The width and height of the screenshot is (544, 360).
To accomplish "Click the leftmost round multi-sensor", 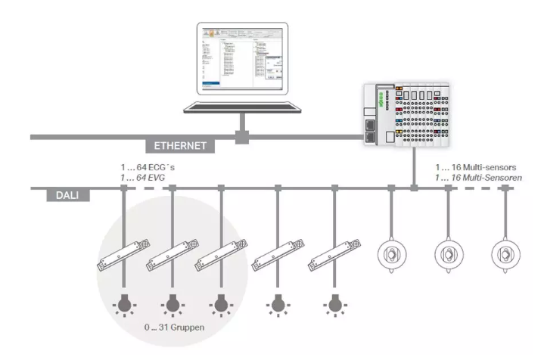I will point(391,252).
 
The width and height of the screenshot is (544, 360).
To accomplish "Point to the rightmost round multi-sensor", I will point(505,252).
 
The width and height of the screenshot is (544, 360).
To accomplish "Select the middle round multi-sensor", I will point(448,252).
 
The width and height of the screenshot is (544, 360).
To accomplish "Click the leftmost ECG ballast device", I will point(123,253).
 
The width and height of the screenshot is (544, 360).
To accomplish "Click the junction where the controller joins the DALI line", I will point(413,187).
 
